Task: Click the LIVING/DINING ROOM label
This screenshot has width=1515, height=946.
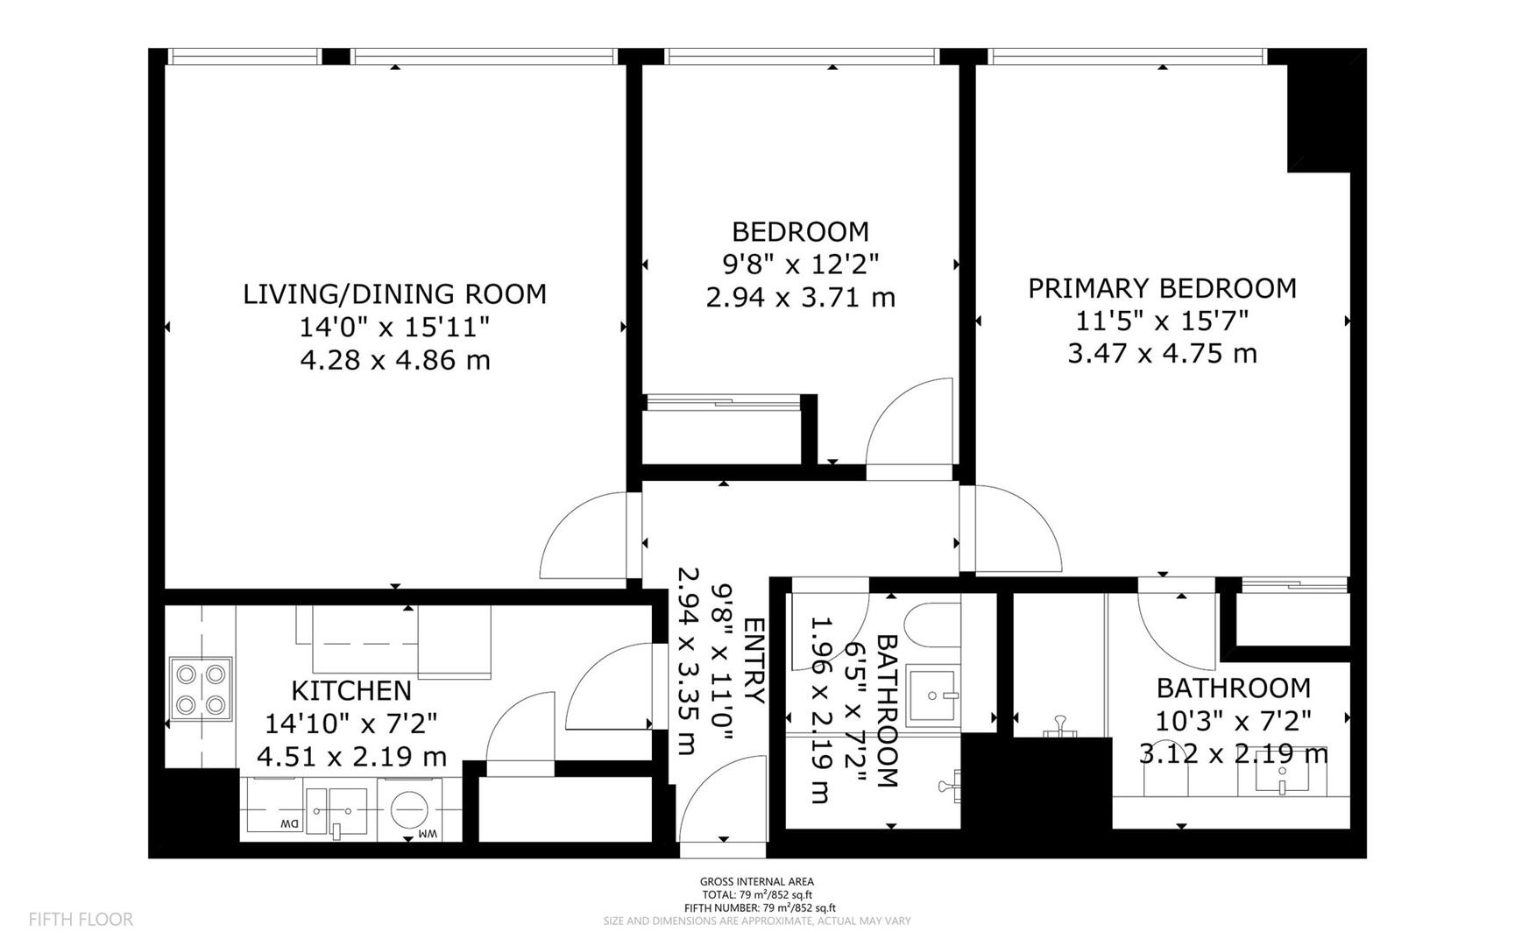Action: [x=394, y=293]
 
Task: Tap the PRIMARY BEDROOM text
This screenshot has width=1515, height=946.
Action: [x=1162, y=288]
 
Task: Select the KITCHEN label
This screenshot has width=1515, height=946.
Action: [x=350, y=690]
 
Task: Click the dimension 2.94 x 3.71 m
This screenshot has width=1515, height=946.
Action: [x=800, y=298]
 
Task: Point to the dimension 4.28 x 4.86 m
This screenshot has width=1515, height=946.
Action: [x=394, y=360]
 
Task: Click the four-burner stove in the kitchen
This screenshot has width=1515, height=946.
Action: [x=202, y=689]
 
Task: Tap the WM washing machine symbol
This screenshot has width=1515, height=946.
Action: [x=408, y=810]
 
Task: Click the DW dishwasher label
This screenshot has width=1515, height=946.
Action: [x=288, y=824]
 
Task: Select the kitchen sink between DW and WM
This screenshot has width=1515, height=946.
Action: [x=337, y=810]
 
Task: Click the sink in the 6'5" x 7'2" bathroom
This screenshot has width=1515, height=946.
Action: [x=933, y=695]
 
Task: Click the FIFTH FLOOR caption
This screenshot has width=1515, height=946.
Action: [x=81, y=919]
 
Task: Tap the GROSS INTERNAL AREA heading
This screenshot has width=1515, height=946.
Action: [x=756, y=881]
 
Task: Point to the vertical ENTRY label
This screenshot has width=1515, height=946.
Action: [x=754, y=661]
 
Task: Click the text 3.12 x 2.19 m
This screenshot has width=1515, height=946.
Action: [x=1233, y=753]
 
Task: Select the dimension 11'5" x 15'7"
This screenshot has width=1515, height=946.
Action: [x=1162, y=321]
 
